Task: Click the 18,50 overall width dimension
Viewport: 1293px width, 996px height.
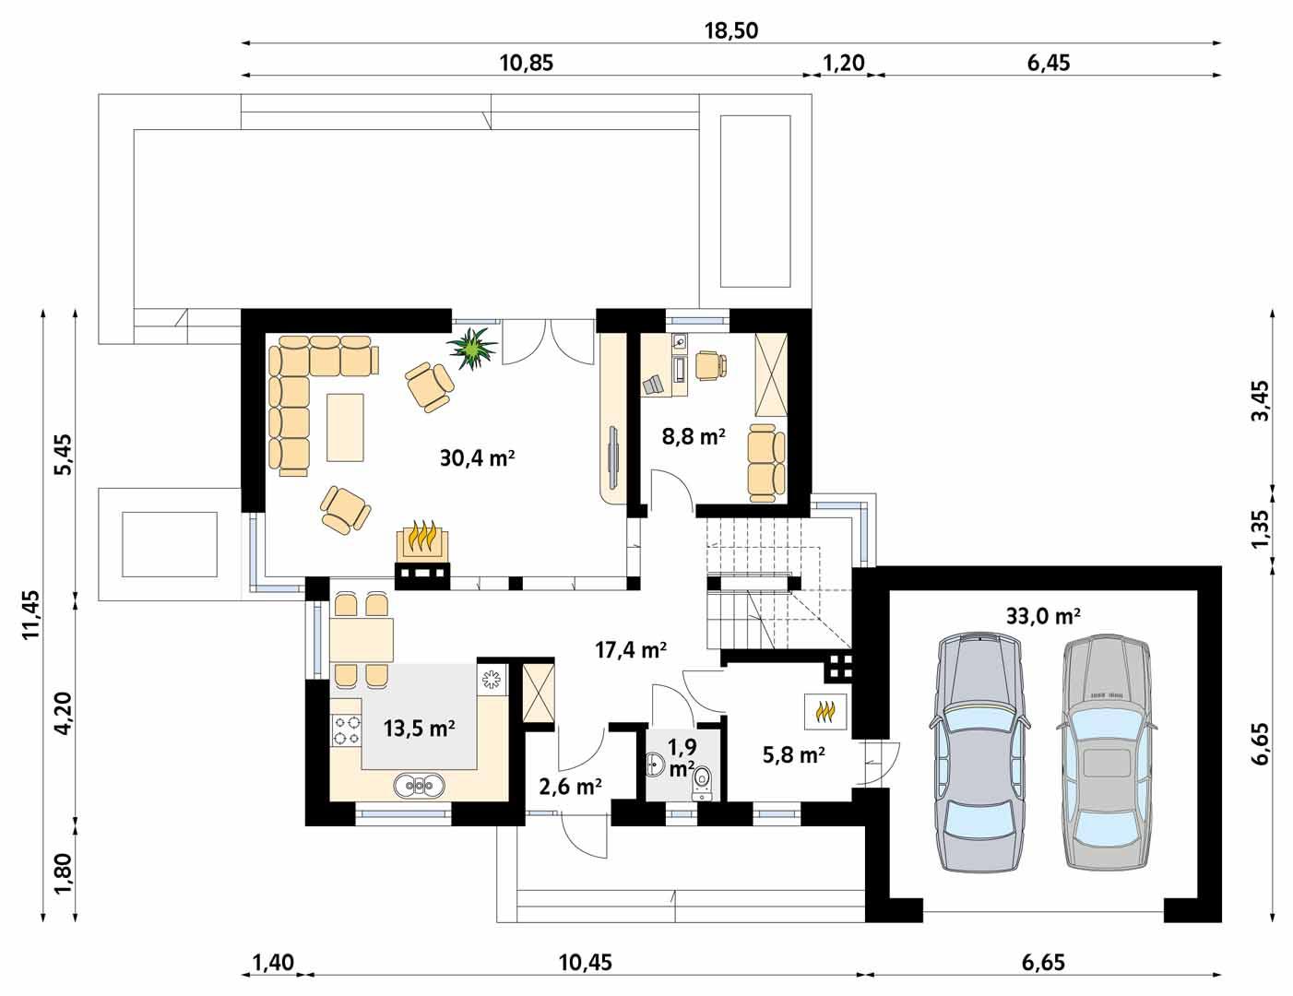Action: point(731,30)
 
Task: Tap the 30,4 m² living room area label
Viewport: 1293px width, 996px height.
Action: point(476,457)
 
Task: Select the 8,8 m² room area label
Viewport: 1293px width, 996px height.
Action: point(693,436)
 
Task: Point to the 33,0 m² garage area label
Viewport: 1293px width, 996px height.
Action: point(1043,615)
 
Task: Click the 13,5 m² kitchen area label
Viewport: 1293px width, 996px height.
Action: point(420,729)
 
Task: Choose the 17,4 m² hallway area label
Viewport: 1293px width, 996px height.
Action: point(631,651)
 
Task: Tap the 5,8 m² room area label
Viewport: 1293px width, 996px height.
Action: point(793,756)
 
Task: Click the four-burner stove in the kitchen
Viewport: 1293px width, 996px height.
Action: point(347,729)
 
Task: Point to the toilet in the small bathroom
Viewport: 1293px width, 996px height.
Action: point(703,780)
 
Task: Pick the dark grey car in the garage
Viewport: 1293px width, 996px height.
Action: point(979,752)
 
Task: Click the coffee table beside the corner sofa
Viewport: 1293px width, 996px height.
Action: point(346,426)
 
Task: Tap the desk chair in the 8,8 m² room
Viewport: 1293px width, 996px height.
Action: point(709,365)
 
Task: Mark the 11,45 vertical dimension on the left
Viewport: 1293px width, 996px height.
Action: point(33,615)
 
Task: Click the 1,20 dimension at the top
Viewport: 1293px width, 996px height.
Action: point(843,63)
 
